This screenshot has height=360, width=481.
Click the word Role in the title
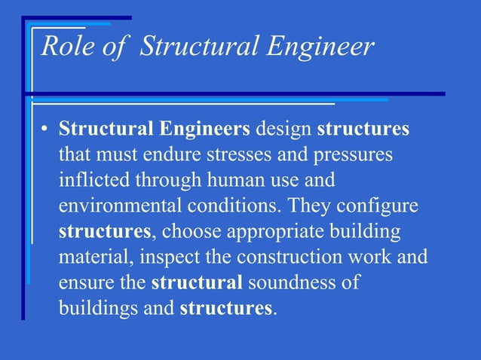click(x=65, y=47)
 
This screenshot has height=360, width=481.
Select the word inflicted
click(x=93, y=181)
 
